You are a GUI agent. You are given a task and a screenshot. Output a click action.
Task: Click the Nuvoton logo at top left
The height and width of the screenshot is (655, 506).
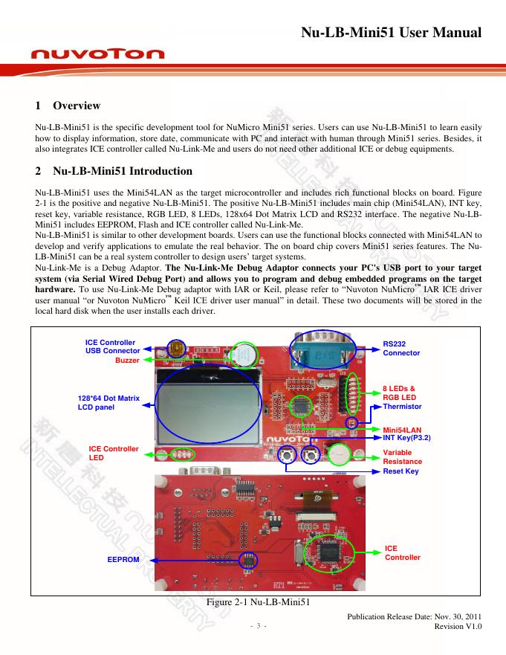[x=97, y=54]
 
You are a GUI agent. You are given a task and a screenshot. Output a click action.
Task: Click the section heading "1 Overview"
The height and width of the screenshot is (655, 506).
[x=68, y=106]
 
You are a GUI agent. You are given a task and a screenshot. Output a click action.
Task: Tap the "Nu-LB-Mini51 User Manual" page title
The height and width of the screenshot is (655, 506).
[x=392, y=33]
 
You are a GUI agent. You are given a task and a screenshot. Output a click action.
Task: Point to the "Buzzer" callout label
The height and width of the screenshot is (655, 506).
[x=127, y=360]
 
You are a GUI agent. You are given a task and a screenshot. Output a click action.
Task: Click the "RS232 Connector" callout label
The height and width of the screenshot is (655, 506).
[x=401, y=349]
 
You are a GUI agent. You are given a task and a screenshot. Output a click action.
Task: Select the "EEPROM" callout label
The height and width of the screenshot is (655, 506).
[x=123, y=559]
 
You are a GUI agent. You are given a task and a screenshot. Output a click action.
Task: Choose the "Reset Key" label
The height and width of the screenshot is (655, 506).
[x=400, y=471]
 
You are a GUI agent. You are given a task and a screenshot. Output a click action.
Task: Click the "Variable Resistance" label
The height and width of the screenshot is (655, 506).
[x=402, y=456]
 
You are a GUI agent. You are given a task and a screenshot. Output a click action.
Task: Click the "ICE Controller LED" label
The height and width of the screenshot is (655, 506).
[x=114, y=453]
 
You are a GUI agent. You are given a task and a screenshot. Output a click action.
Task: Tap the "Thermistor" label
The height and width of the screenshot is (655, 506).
[x=402, y=407]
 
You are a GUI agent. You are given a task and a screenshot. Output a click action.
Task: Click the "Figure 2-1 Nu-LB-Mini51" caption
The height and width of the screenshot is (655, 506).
[x=256, y=601]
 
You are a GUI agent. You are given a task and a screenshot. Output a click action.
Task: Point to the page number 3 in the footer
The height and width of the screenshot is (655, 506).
[x=256, y=627]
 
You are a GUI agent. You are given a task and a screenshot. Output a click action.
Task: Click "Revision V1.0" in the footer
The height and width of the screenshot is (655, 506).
[x=458, y=626]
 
